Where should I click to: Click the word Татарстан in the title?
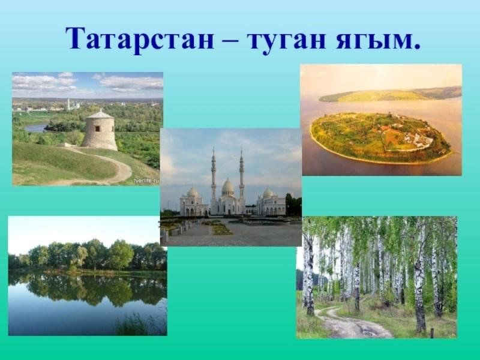(140, 38)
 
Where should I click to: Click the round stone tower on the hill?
(99, 131)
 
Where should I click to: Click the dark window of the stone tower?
(97, 128)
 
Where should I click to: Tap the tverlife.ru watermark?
(146, 181)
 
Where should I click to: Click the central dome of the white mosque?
(228, 187)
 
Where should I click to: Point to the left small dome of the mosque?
(193, 192)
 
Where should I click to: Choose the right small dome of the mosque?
(268, 193)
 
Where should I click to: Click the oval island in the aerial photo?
(381, 138)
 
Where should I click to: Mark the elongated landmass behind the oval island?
(389, 95)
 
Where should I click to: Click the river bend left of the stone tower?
(36, 127)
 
